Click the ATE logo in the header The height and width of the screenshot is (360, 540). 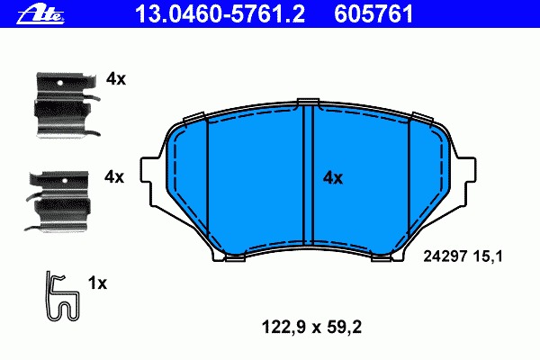[x=41, y=14]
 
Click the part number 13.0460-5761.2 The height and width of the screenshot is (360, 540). [x=220, y=13]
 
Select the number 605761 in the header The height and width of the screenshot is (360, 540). [x=373, y=13]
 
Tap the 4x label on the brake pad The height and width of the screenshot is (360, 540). [x=333, y=178]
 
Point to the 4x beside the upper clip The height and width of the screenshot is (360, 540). [x=116, y=79]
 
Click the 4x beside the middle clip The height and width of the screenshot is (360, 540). [x=114, y=177]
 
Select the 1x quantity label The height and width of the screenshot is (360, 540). [x=97, y=283]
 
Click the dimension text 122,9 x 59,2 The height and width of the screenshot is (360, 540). [x=311, y=327]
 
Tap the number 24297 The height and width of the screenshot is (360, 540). [x=445, y=256]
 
